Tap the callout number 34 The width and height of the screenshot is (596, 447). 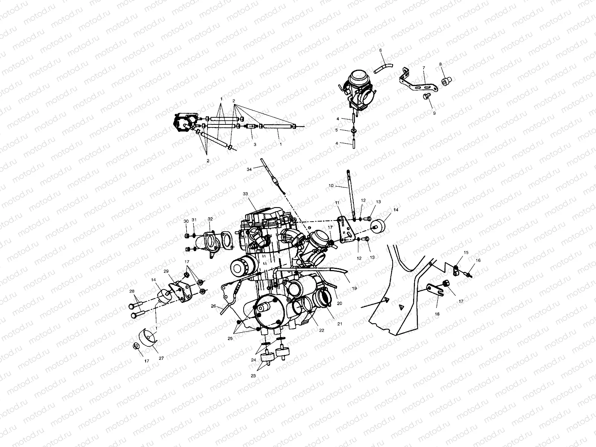(249, 169)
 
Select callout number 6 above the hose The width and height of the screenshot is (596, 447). (380, 50)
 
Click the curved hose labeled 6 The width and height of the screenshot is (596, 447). (384, 67)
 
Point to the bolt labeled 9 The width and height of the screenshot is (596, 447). (427, 97)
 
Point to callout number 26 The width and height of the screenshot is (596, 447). (213, 306)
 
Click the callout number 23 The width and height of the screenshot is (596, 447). (253, 376)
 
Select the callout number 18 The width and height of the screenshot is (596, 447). (437, 314)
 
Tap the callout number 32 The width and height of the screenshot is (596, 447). (210, 219)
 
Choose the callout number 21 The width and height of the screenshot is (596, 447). (339, 324)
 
